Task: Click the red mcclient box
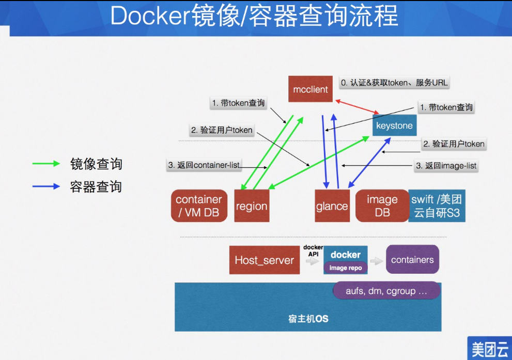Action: (x=311, y=89)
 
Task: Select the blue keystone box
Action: (x=394, y=126)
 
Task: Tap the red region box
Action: (x=252, y=206)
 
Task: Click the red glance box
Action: (x=332, y=206)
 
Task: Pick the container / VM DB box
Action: (x=199, y=206)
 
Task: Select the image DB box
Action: (x=382, y=206)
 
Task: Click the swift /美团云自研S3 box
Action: (x=437, y=206)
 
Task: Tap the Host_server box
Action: (x=264, y=260)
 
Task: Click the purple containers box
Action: (x=412, y=260)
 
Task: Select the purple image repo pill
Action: (x=346, y=268)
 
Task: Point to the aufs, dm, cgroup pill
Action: (x=386, y=291)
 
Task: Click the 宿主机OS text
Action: (x=308, y=319)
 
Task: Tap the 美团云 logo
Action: (x=489, y=349)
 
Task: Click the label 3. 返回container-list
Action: (x=204, y=165)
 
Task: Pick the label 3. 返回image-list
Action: (x=446, y=166)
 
